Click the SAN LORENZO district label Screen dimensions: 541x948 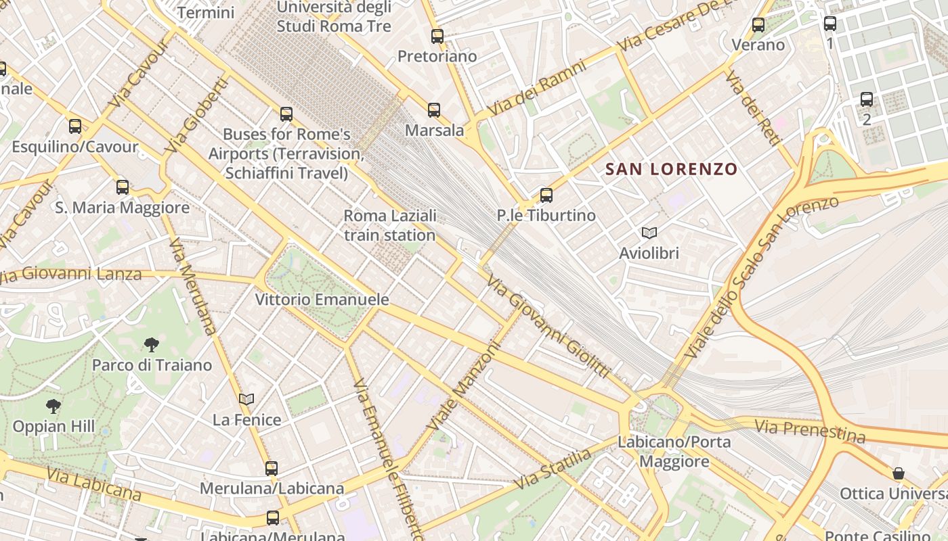tap(670, 169)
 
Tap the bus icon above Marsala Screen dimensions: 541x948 tap(434, 110)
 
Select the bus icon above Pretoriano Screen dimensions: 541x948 tap(437, 37)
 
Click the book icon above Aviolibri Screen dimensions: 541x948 tap(649, 233)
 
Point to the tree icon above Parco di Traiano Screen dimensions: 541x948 tap(152, 345)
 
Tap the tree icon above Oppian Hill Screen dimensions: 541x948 tap(53, 406)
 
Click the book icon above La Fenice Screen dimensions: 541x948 tap(246, 400)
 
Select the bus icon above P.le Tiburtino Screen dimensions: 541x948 tap(546, 195)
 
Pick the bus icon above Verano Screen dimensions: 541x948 tap(758, 25)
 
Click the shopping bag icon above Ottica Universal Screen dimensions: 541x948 tap(899, 473)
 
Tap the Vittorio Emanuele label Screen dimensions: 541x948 tap(322, 300)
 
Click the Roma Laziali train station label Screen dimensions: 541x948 tap(389, 226)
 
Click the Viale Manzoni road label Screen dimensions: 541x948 tap(463, 385)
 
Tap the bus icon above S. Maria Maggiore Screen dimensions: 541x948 tap(123, 187)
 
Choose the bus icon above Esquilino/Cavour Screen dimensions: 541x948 tap(75, 126)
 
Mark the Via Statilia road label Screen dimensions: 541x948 tap(553, 469)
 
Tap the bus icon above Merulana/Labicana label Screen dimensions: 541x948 tap(272, 468)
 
